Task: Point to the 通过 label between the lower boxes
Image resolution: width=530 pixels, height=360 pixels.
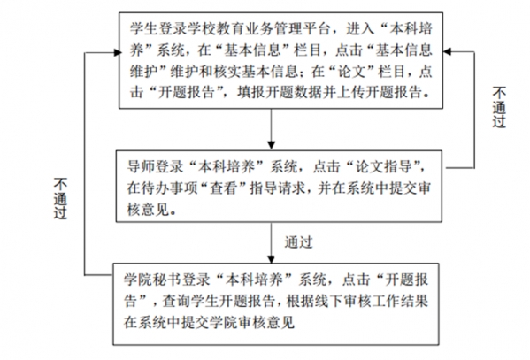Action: coord(299,242)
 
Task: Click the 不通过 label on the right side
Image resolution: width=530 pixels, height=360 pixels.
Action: coord(499,107)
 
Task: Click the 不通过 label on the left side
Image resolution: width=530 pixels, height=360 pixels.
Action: coord(60,199)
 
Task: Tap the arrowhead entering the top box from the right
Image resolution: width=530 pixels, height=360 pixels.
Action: coord(447,51)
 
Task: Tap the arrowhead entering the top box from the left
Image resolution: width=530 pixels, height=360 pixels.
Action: coord(118,52)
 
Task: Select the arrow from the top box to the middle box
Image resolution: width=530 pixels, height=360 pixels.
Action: coord(271,129)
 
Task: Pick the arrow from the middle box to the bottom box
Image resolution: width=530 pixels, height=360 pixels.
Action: coord(271,242)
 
